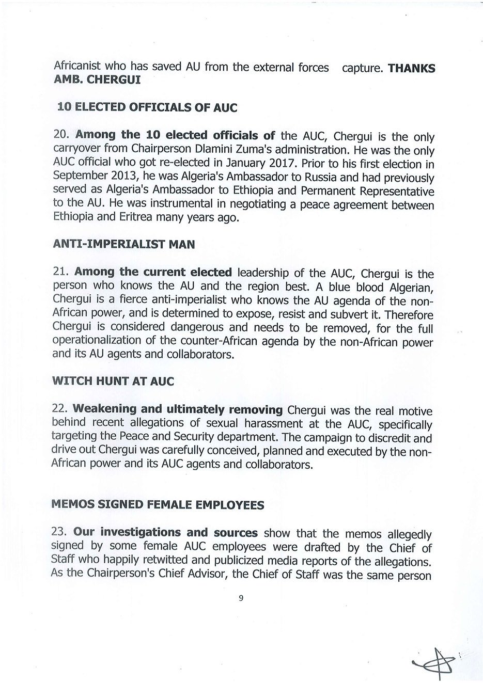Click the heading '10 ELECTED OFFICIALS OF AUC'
click(147, 107)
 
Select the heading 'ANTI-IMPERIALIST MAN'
click(124, 244)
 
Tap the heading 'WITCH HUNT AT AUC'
click(113, 382)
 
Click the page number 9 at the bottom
click(241, 599)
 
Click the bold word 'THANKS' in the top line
click(411, 69)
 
